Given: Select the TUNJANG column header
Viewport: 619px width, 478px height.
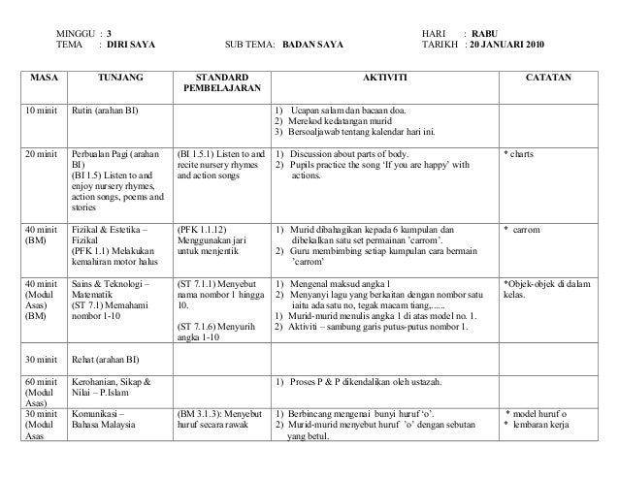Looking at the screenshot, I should [x=118, y=75].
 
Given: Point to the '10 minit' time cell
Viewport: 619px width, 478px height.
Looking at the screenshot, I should [x=43, y=109].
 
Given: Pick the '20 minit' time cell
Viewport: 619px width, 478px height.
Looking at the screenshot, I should [x=43, y=153].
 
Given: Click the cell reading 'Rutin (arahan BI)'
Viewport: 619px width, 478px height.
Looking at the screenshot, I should [x=104, y=109].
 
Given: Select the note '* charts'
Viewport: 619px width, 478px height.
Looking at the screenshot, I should [x=520, y=153].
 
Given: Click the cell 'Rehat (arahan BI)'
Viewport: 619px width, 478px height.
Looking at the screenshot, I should [x=106, y=354].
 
